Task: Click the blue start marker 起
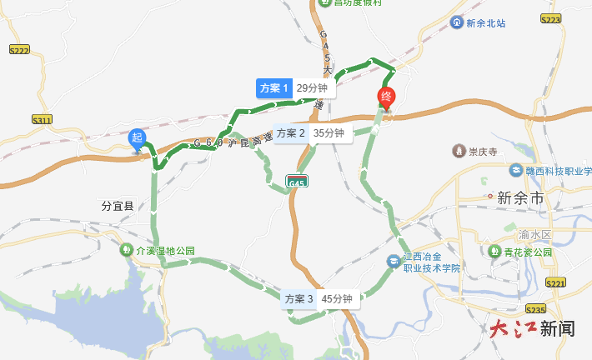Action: pos(137,138)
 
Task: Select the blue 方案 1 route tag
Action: pos(273,88)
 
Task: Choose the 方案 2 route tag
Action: pos(291,133)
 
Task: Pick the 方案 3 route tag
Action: pos(299,299)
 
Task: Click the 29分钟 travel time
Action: pos(314,88)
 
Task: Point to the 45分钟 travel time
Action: pos(338,299)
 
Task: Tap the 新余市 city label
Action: pos(519,198)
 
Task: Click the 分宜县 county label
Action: pos(118,204)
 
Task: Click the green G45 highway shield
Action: pos(296,181)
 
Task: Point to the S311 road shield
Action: pos(42,121)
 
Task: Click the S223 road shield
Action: pos(549,18)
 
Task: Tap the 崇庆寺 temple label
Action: pos(482,152)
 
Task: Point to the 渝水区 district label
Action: pos(553,223)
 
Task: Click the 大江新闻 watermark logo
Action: pos(532,328)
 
